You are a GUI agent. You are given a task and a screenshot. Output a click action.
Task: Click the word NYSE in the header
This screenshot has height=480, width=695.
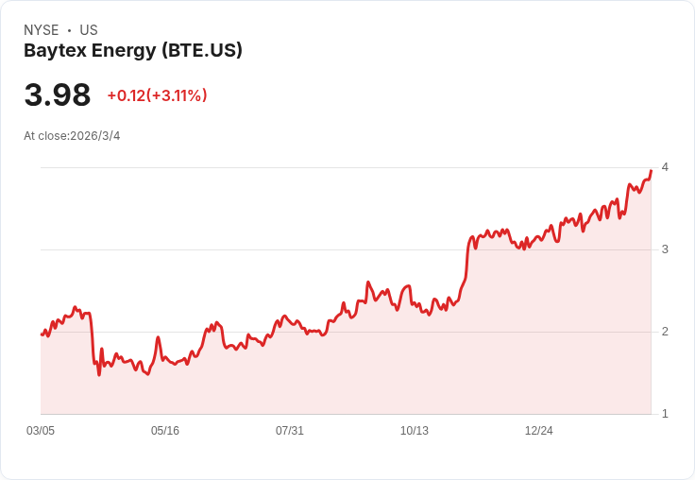coord(41,30)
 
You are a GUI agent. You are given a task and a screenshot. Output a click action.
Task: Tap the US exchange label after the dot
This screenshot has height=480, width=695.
coord(89,30)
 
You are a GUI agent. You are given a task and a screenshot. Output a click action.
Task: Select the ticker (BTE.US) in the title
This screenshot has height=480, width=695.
coord(201,51)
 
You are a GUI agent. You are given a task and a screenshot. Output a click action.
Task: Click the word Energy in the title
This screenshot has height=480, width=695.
coord(125,51)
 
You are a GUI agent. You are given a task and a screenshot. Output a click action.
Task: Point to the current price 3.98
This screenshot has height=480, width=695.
coord(58,95)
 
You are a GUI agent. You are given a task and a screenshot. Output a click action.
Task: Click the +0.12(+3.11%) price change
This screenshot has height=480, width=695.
coord(157,95)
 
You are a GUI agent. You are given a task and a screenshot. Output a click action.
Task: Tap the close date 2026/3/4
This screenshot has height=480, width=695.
coord(95,136)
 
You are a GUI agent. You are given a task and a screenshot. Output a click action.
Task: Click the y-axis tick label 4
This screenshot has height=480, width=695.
coord(665,167)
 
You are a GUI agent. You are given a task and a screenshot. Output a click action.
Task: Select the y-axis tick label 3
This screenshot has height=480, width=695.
coord(665,249)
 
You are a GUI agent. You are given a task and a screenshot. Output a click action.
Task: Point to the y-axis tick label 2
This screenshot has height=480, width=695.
coord(665,332)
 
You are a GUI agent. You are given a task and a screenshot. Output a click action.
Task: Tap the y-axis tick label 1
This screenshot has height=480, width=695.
coord(665,414)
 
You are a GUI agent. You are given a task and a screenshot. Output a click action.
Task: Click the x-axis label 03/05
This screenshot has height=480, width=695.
coord(41,431)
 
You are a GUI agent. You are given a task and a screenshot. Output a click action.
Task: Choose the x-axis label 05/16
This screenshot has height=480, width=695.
coord(165,431)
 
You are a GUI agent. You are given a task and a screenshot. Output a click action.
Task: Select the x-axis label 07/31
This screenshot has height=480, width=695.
coord(290,431)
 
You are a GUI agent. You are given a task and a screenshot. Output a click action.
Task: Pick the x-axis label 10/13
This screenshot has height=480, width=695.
coord(415,431)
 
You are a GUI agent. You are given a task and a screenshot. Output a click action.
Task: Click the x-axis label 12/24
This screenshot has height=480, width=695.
coord(539,431)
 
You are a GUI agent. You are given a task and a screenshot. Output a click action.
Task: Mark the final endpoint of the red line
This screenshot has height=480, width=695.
coord(651,171)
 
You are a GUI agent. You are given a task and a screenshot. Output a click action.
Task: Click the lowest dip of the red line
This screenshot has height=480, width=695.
coord(99,375)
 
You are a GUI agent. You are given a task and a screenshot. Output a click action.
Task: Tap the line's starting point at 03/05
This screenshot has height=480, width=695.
coord(42,334)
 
